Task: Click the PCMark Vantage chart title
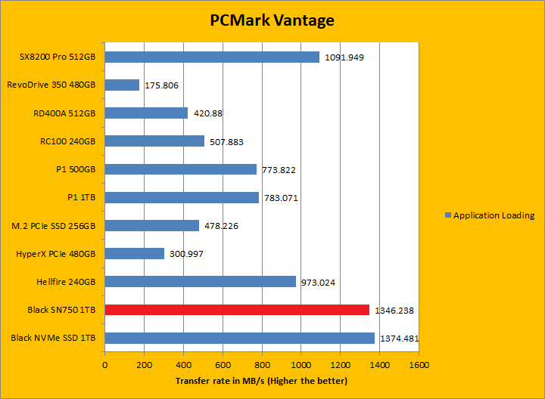pos(272,20)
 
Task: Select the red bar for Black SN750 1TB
pos(237,310)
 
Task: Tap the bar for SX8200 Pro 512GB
pos(212,57)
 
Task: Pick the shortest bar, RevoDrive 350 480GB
pos(122,85)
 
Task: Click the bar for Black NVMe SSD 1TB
pos(239,338)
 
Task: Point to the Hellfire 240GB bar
pos(200,282)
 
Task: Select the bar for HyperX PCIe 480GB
pos(134,254)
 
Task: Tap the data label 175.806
pos(161,85)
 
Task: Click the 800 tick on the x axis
pos(262,364)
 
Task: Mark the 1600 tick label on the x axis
pos(419,364)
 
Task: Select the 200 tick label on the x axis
pos(144,364)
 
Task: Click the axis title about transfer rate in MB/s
pos(261,380)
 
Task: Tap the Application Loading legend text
pos(494,215)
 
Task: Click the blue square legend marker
pos(447,215)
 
